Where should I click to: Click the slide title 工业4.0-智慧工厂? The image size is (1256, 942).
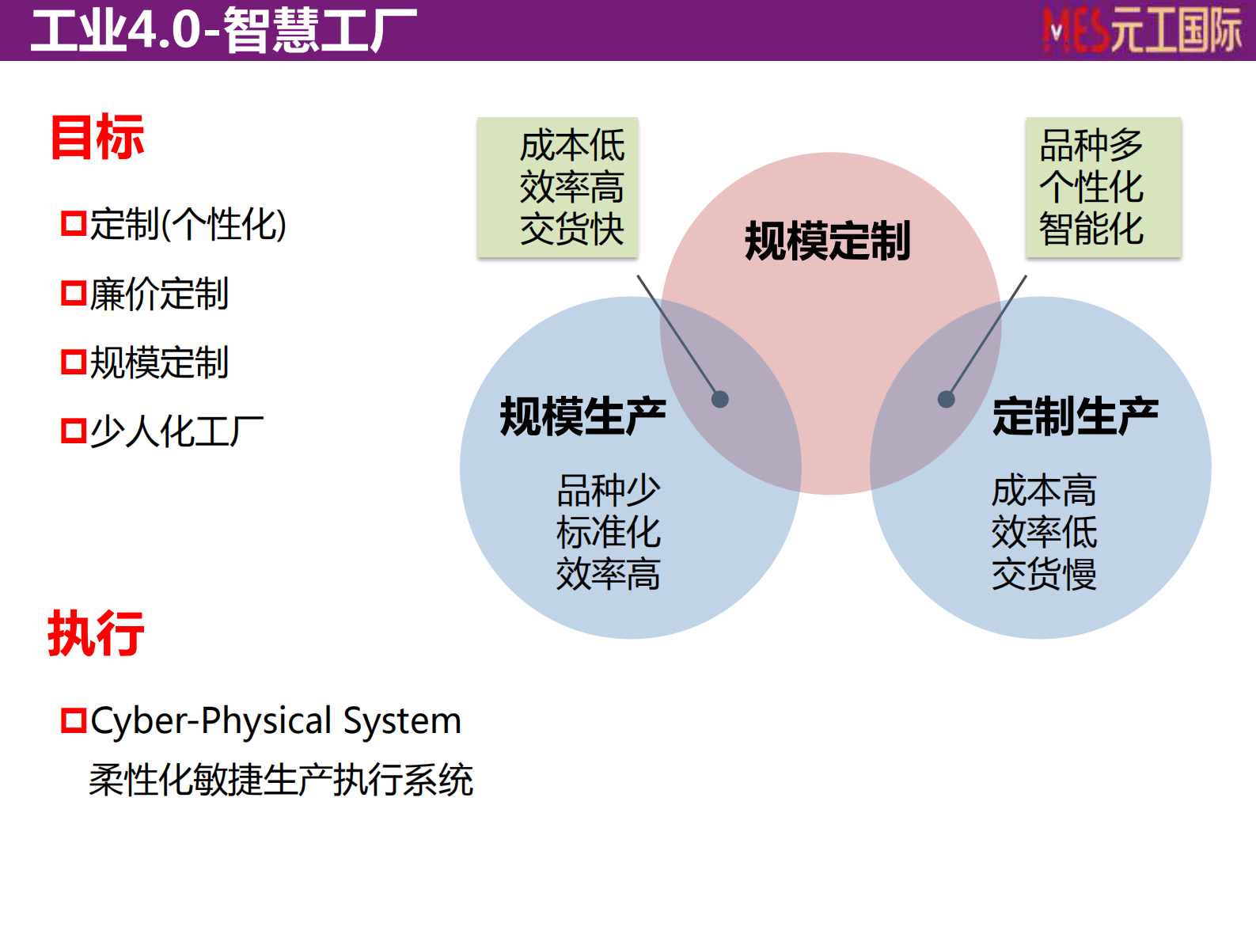click(x=223, y=30)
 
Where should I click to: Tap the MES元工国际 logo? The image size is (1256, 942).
click(x=1142, y=31)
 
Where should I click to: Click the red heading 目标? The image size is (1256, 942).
click(x=97, y=138)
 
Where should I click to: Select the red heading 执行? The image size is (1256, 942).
click(x=96, y=633)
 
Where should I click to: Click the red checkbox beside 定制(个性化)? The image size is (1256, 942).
click(x=74, y=223)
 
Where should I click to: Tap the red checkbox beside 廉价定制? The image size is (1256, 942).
click(x=74, y=293)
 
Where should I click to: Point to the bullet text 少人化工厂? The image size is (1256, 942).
click(x=176, y=431)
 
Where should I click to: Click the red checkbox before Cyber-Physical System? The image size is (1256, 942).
click(x=74, y=720)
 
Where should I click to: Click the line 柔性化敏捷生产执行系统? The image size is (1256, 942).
click(x=281, y=780)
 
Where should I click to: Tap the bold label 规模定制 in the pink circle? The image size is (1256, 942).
click(x=828, y=241)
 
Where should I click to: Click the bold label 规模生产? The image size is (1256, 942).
click(x=582, y=416)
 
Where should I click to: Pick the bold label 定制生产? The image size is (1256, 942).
click(x=1075, y=416)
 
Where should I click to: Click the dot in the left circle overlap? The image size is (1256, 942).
click(x=719, y=399)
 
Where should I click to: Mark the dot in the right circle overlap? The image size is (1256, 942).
click(x=946, y=399)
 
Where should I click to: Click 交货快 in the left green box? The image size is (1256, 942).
click(x=572, y=230)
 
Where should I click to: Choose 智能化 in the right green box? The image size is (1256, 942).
click(x=1091, y=230)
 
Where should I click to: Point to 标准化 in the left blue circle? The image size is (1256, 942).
click(x=608, y=532)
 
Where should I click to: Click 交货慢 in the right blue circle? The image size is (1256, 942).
click(x=1044, y=574)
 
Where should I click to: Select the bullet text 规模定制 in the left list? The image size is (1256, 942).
click(x=159, y=363)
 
